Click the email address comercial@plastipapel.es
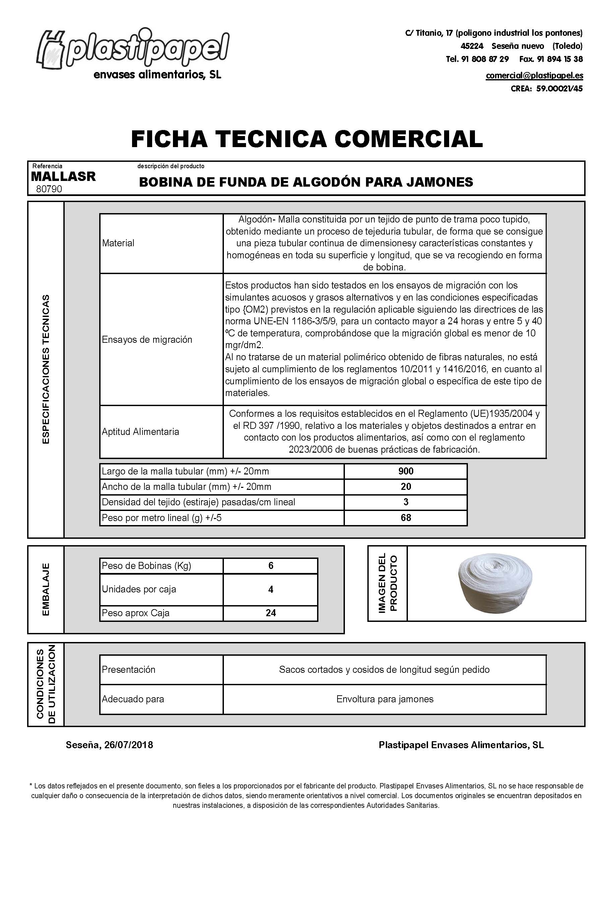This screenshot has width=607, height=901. (x=534, y=75)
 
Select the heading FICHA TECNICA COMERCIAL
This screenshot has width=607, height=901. (x=307, y=139)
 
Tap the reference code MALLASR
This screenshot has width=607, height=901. (x=63, y=177)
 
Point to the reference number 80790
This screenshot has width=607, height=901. (x=49, y=189)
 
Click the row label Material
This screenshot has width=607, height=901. (x=118, y=243)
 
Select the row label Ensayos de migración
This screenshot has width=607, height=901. (x=147, y=339)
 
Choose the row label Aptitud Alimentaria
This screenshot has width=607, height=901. (x=140, y=432)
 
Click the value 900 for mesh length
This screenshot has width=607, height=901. (x=406, y=471)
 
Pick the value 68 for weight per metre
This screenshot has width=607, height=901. (x=406, y=517)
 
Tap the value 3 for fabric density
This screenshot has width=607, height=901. (x=406, y=502)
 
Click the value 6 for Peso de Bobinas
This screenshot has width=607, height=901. (x=270, y=566)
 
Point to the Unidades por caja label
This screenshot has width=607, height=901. (x=138, y=589)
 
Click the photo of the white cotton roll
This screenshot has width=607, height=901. (x=496, y=583)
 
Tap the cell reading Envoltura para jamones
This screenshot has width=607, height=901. (x=385, y=699)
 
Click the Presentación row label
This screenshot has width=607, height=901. (x=128, y=669)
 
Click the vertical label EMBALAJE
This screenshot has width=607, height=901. (x=46, y=589)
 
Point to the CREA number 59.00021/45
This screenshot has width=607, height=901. (x=559, y=89)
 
